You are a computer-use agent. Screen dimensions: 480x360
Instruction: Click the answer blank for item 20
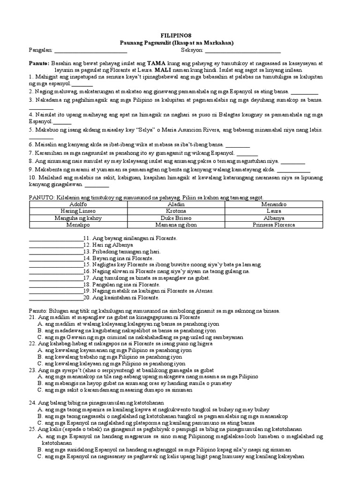[x=56, y=298]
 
